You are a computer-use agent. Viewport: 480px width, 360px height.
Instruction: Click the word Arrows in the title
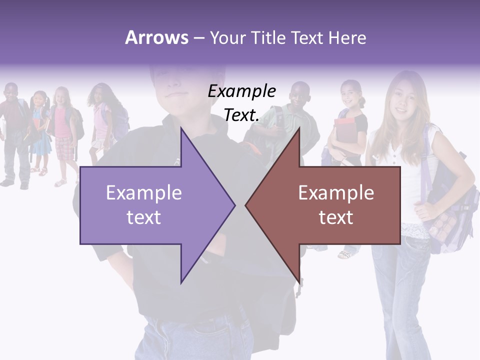[x=156, y=38]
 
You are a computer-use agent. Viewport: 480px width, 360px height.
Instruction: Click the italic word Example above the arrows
[x=241, y=91]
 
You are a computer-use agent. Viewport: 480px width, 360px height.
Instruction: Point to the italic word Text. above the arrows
[x=241, y=115]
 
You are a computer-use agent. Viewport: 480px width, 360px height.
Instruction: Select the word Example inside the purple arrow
[x=143, y=193]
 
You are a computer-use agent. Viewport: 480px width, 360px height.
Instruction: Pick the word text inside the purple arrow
[x=143, y=217]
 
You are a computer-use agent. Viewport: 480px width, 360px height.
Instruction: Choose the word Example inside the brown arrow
[x=336, y=193]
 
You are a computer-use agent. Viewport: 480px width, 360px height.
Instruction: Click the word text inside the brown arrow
[x=336, y=217]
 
